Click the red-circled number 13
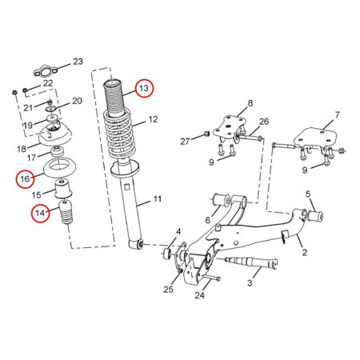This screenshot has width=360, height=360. (145, 88)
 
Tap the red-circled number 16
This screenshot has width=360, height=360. (25, 178)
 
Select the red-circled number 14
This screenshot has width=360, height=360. (40, 213)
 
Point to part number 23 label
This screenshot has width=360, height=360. (78, 62)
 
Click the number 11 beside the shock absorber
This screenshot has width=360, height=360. (158, 198)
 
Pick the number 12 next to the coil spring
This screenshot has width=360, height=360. (154, 122)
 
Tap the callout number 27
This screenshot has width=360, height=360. (186, 141)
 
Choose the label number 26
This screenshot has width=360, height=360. (264, 122)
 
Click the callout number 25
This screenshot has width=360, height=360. (168, 289)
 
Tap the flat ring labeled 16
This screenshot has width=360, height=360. (58, 169)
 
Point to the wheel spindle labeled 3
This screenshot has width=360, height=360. (254, 262)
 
